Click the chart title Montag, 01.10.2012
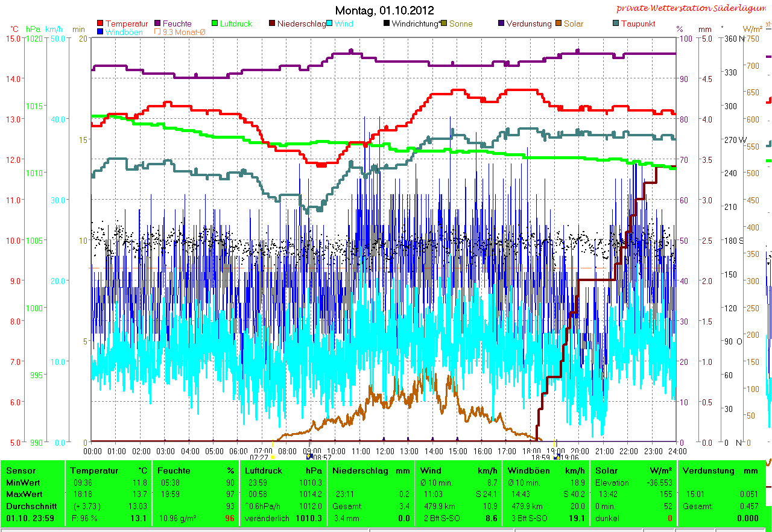(x=384, y=10)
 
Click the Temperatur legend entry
(x=126, y=24)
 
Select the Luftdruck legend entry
(x=236, y=24)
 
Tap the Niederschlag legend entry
(x=301, y=24)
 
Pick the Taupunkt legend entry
(x=638, y=24)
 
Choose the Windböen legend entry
(x=124, y=32)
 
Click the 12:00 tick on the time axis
(x=385, y=451)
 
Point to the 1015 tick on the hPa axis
(x=34, y=106)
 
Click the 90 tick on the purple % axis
(x=683, y=78)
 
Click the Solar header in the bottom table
(x=606, y=470)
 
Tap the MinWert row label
(x=22, y=483)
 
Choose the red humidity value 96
(x=229, y=518)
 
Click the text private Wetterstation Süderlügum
(x=693, y=8)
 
